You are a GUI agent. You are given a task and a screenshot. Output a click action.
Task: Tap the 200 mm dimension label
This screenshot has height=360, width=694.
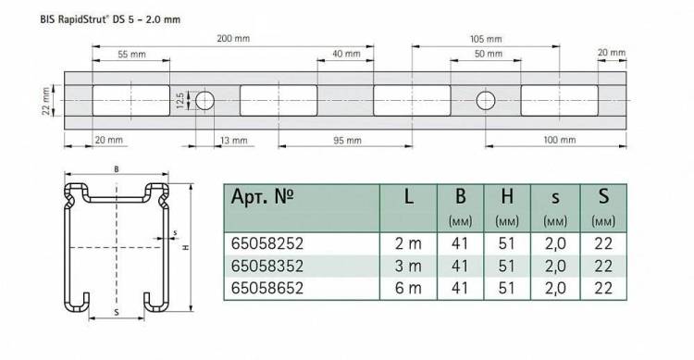click(233, 39)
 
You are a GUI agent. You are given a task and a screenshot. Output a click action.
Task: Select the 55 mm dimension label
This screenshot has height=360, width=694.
click(131, 55)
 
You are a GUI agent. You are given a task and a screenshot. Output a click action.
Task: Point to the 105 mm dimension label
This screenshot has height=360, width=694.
click(486, 39)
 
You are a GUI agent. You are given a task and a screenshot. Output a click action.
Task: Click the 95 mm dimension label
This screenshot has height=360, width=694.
click(347, 141)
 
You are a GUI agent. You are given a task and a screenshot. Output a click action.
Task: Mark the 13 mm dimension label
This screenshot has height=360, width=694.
click(234, 141)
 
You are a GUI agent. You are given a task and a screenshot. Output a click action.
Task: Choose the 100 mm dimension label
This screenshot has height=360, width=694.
click(560, 140)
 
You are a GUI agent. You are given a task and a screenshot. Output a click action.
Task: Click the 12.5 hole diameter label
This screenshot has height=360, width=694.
click(180, 101)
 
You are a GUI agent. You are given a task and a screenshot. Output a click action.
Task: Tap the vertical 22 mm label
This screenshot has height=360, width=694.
click(46, 101)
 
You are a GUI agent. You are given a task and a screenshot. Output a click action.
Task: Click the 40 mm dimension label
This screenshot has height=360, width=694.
click(346, 54)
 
